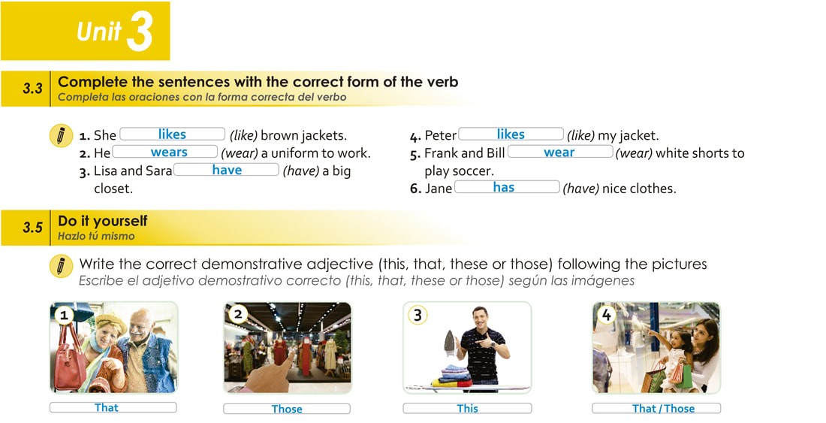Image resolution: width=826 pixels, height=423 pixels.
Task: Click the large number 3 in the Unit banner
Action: point(140,32)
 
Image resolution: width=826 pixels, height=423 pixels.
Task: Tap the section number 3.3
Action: point(32,89)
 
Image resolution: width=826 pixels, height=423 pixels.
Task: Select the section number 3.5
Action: point(32,228)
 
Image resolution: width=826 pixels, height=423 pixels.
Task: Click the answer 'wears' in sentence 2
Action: point(169,153)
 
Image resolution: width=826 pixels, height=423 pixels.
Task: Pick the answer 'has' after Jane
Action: point(504,187)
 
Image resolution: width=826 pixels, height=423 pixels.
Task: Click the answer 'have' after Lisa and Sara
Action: point(227,170)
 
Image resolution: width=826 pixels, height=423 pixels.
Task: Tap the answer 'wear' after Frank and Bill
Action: point(559,153)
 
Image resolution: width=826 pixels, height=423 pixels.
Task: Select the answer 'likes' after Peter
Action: point(511,134)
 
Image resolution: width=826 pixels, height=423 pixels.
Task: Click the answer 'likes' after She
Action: point(172,134)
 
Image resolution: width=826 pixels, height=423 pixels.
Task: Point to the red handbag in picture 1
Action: point(70,358)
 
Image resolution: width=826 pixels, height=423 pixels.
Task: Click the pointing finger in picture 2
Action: point(272,375)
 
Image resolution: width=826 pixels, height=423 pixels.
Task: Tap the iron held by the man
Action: point(450,341)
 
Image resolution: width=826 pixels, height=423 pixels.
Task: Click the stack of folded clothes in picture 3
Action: point(451,376)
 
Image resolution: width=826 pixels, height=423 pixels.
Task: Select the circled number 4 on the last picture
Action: point(606,315)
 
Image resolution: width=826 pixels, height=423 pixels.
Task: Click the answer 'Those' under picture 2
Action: point(287,409)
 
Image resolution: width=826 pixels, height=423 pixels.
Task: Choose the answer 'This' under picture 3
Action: point(467,408)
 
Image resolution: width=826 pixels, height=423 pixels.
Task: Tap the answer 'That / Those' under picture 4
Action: point(663,408)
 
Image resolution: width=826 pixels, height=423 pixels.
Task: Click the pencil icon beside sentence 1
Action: point(61,136)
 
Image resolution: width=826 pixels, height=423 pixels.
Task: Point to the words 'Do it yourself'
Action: point(103,221)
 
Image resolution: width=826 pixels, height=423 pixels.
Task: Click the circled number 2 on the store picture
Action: point(238,315)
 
